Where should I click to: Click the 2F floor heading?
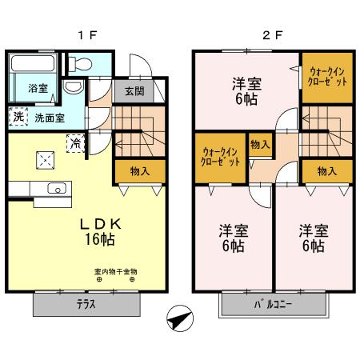point(273,35)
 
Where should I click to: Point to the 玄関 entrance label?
point(134,91)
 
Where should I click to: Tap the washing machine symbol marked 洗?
point(18,117)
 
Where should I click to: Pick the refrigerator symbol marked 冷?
point(75,144)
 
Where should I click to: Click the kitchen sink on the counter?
point(56,190)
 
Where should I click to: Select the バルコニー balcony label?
point(273,304)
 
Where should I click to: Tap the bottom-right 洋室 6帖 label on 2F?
point(313,238)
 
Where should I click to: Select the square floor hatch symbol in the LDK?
point(44,158)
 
